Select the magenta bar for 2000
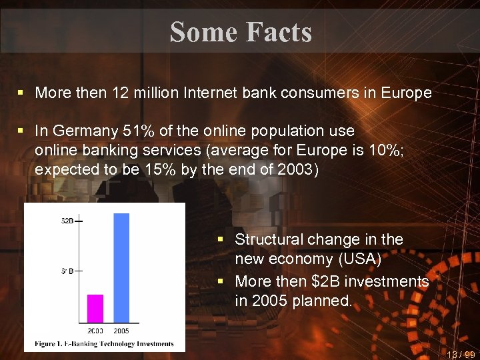click(x=96, y=308)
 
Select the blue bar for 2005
click(x=121, y=267)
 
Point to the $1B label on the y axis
click(x=67, y=271)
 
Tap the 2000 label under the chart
click(x=96, y=330)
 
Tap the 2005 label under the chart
click(x=122, y=330)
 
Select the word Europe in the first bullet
click(x=407, y=93)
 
